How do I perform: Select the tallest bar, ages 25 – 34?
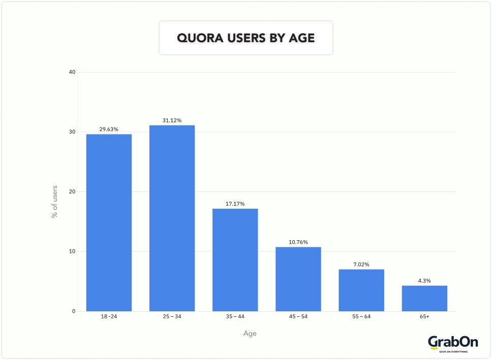[x=172, y=218]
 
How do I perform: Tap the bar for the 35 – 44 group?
[x=235, y=259]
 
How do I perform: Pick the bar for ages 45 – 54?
[x=298, y=279]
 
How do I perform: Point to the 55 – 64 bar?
[x=361, y=290]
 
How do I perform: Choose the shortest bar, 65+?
[x=424, y=298]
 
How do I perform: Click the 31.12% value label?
[x=172, y=120]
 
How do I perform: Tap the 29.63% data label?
[x=109, y=129]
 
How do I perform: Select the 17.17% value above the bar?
[x=235, y=204]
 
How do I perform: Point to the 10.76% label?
[x=298, y=242]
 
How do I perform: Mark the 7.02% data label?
[x=361, y=265]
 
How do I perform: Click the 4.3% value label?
[x=424, y=281]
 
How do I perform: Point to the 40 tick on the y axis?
[x=72, y=72]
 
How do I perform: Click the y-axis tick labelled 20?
[x=72, y=191]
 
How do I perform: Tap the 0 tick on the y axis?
[x=73, y=311]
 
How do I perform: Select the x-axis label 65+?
[x=424, y=317]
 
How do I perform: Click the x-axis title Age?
[x=250, y=334]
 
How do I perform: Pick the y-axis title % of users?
[x=54, y=202]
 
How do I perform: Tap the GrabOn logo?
[x=453, y=343]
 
